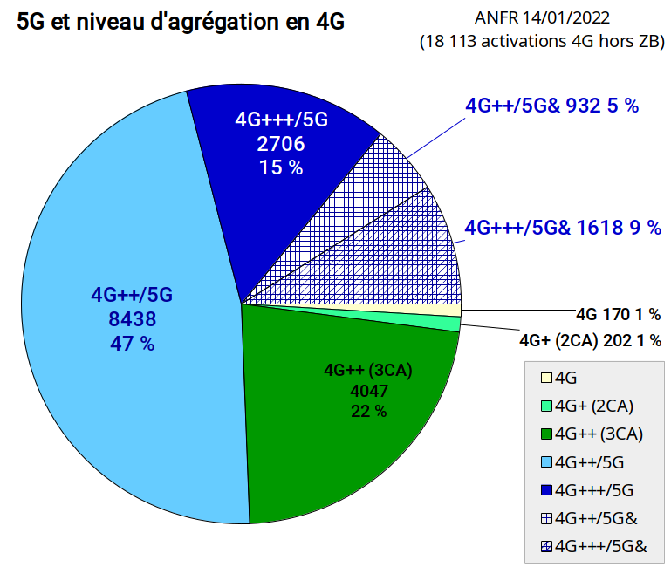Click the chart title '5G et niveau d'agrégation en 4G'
coord(180,22)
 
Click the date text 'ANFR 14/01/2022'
coord(542,18)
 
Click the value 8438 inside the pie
coord(133,319)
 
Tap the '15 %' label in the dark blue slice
coord(281,167)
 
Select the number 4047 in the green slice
coord(369,391)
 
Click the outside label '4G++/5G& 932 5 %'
coord(552,106)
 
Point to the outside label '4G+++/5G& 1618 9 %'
coord(563,227)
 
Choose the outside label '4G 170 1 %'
coord(618,315)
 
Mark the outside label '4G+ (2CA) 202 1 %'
coord(590,340)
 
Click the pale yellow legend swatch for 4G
coord(546,378)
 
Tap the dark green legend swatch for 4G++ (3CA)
coord(546,434)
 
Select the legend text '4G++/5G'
coord(589,462)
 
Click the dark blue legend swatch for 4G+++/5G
coord(546,490)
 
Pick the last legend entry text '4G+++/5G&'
coord(601,546)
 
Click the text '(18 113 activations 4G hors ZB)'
coord(542,42)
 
